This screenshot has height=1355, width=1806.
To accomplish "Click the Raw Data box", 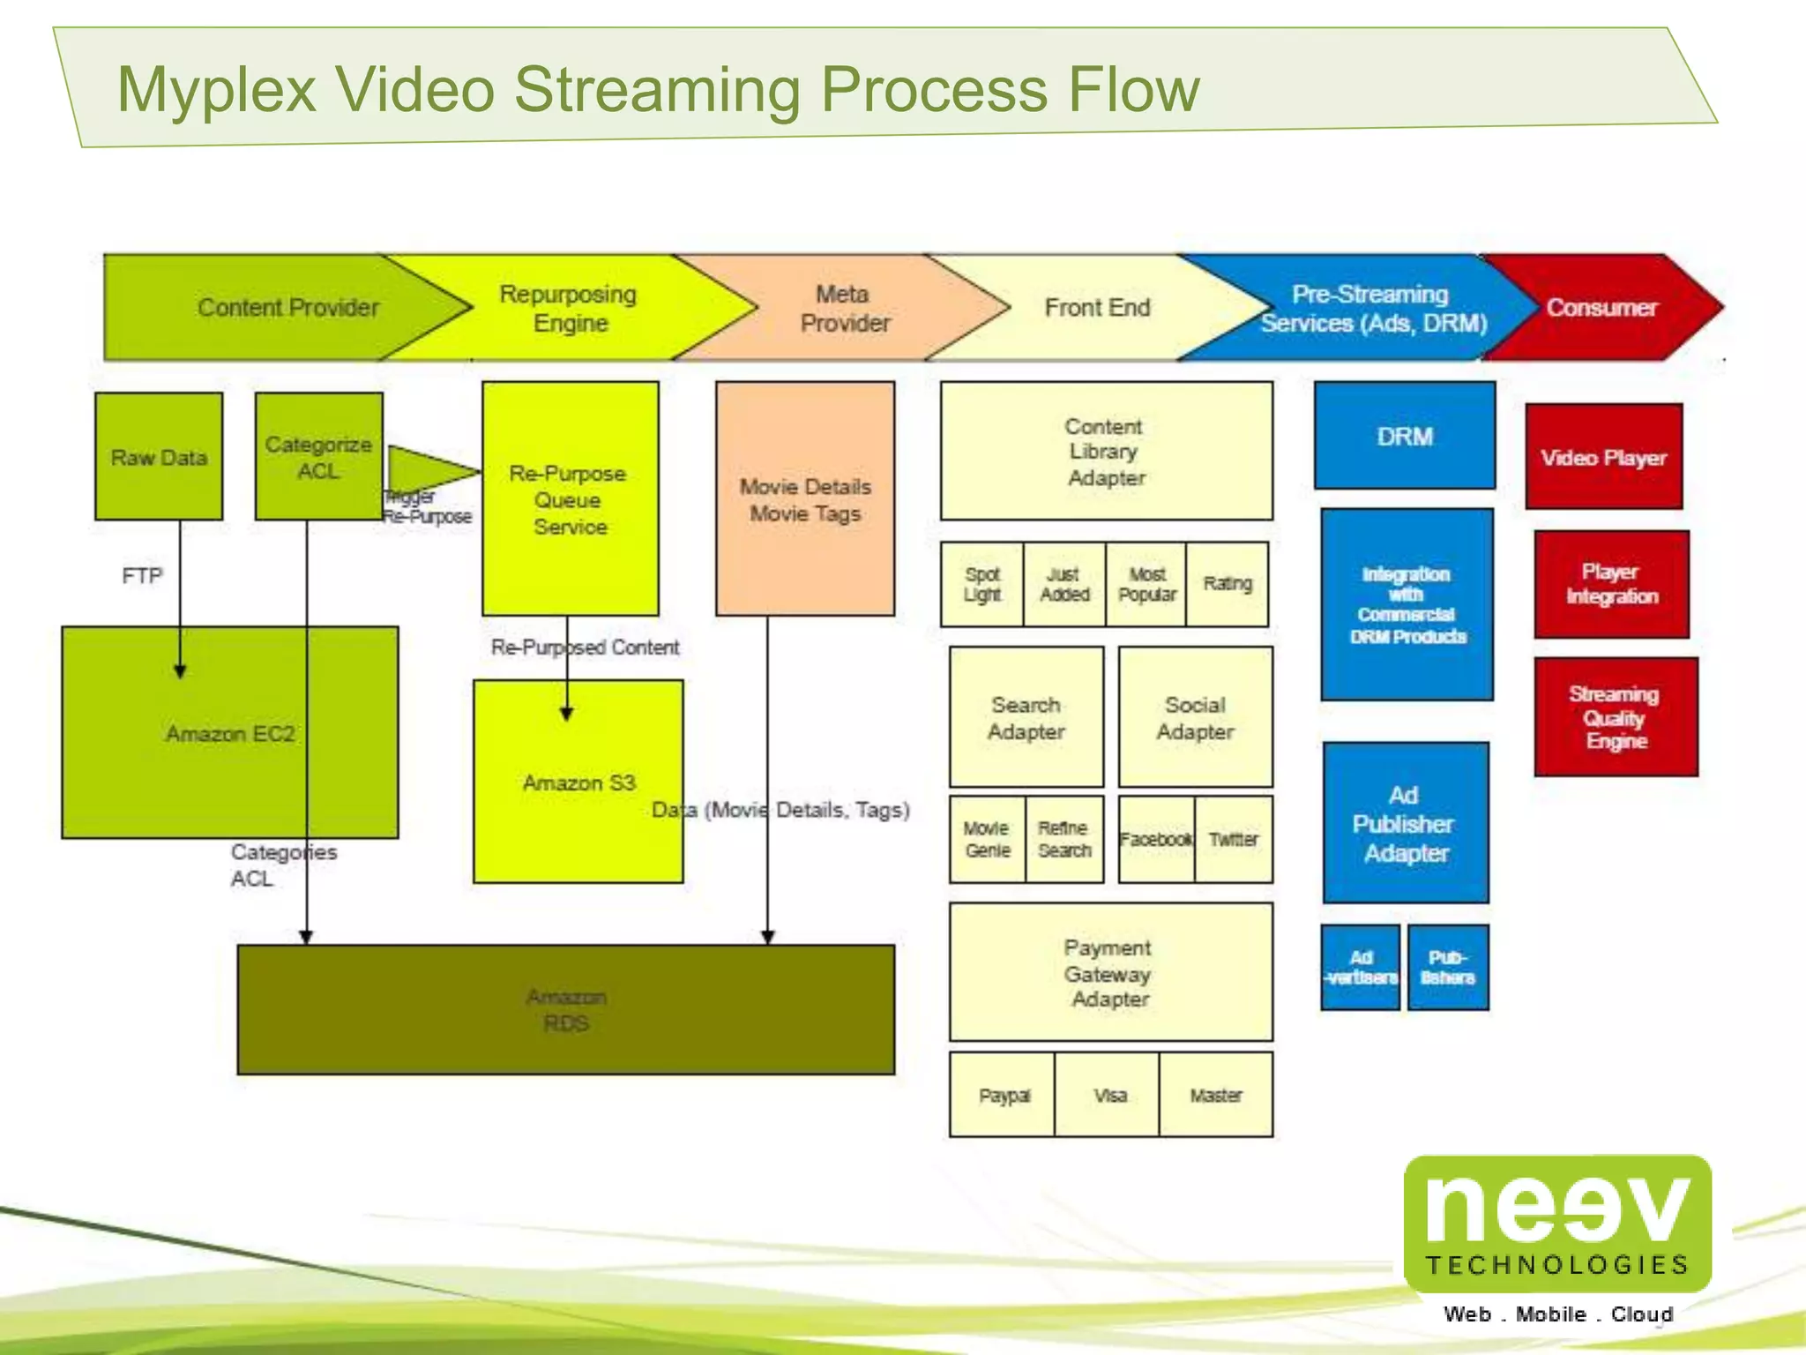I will tap(159, 456).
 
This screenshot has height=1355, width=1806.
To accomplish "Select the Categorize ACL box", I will tap(318, 456).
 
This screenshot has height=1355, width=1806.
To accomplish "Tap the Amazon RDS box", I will tap(565, 1009).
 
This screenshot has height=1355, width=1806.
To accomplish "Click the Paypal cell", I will tap(1003, 1095).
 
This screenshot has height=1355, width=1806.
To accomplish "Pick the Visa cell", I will tap(1108, 1095).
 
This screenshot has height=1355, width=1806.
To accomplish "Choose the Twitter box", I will tap(1234, 839).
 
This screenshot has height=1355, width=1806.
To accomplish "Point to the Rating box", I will tap(1227, 584).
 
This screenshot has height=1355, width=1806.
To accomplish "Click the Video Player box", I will tap(1603, 457).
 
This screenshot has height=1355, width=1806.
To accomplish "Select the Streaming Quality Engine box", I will tap(1615, 717).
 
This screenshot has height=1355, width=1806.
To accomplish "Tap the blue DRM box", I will tap(1404, 436).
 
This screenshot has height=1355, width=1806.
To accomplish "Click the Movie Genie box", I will tap(987, 839).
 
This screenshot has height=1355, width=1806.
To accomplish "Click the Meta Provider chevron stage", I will tap(843, 308).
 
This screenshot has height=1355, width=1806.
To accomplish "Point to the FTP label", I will tap(142, 576).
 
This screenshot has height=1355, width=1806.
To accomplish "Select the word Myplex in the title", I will tap(216, 89).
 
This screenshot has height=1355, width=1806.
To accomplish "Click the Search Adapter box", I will tap(1026, 717).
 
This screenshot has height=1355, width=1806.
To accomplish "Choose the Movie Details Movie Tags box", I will tap(804, 499).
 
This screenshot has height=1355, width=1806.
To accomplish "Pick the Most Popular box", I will tap(1146, 584).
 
